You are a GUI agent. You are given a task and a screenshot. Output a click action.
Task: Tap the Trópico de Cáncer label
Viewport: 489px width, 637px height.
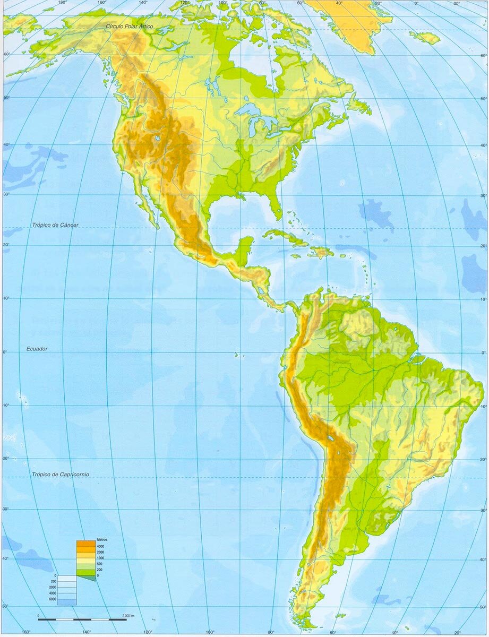(55, 225)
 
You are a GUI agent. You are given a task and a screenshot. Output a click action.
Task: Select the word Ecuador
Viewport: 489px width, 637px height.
(37, 349)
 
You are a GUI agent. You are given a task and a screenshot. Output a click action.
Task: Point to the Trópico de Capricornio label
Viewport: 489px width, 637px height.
(60, 474)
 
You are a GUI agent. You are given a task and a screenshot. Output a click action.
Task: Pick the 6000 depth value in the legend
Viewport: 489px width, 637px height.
(53, 599)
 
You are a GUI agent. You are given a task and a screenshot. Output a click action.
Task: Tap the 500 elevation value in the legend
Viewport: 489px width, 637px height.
(99, 564)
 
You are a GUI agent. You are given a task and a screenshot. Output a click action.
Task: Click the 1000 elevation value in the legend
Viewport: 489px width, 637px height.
(100, 558)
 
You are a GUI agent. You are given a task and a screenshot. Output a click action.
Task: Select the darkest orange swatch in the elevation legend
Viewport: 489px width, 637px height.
(84, 544)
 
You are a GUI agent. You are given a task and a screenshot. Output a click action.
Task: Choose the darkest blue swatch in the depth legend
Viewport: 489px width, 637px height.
(67, 602)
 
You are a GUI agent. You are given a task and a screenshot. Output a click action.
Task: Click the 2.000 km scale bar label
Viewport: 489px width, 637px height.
(127, 615)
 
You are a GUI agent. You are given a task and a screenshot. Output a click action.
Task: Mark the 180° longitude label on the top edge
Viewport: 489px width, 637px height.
(62, 3)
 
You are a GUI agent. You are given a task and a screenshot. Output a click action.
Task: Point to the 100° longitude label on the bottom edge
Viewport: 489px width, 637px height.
(210, 632)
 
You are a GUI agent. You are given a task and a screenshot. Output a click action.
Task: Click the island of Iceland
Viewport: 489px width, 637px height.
(425, 37)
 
